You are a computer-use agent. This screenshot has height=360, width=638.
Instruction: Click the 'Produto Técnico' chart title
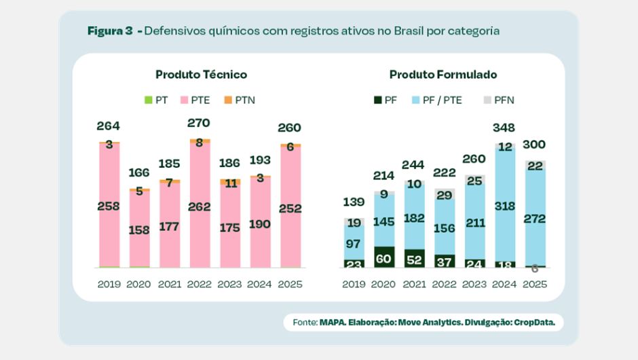[x=201, y=75]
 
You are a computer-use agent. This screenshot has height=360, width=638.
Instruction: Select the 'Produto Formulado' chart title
[x=443, y=75]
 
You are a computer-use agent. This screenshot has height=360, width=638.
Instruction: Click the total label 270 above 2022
[x=198, y=124]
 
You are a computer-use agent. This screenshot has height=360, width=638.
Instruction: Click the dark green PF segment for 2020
[x=384, y=257]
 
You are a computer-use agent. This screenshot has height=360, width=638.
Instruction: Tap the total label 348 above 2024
[x=504, y=128]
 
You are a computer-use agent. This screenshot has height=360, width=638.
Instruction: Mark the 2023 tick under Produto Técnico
[x=229, y=285]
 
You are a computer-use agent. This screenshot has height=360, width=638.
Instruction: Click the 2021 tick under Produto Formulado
[x=414, y=285]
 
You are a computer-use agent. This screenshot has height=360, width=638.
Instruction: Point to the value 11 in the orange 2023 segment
[x=229, y=183]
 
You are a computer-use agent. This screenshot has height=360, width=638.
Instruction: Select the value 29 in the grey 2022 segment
[x=444, y=196]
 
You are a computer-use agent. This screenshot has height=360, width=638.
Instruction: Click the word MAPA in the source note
[x=333, y=323]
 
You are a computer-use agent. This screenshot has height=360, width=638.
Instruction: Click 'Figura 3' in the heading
[x=110, y=31]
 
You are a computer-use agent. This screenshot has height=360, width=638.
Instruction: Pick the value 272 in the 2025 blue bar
[x=534, y=219]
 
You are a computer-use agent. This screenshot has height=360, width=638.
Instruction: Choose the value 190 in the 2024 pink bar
[x=259, y=224]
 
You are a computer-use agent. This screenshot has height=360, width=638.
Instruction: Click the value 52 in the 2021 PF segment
[x=414, y=259]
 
